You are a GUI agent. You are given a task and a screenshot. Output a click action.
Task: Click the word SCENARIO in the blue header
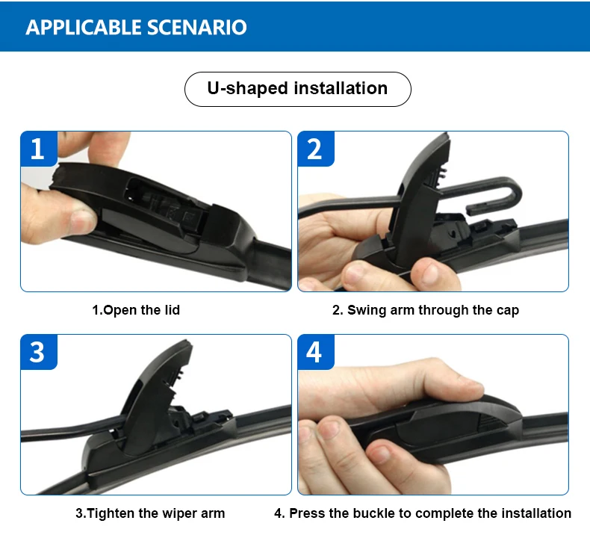click(197, 27)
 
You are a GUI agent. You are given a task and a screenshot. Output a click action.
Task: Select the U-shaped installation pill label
click(298, 89)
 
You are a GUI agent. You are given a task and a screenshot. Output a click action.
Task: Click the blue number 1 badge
click(39, 149)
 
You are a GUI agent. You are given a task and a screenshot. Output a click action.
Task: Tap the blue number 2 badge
click(316, 149)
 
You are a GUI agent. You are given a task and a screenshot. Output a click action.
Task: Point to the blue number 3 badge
click(39, 352)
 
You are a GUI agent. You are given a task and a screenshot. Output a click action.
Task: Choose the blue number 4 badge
click(316, 352)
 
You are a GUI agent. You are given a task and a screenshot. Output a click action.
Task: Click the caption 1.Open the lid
click(136, 310)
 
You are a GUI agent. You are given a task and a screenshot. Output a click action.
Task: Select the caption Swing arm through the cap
click(433, 310)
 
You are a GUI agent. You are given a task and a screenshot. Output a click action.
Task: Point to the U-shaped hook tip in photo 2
click(470, 209)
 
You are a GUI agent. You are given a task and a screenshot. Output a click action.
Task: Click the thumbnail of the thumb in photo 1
click(82, 221)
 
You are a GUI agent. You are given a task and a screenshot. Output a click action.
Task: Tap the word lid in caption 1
click(173, 310)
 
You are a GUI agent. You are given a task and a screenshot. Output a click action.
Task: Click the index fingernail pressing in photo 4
click(470, 386)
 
